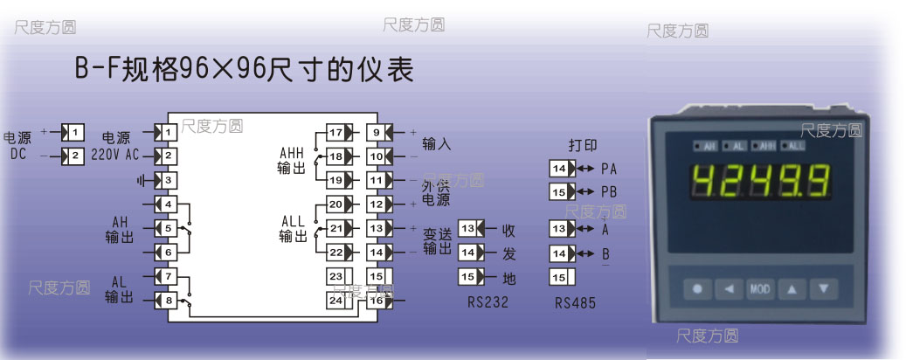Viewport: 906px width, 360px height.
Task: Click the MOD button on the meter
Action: click(x=760, y=287)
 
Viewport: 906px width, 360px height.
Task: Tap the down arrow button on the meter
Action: click(x=822, y=287)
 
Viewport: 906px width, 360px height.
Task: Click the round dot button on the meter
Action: click(x=697, y=287)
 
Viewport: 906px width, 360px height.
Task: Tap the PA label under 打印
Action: click(x=609, y=168)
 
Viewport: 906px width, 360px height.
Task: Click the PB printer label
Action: click(x=609, y=191)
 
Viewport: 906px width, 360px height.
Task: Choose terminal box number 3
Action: click(x=169, y=180)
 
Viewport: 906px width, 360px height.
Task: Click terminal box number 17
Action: click(x=335, y=133)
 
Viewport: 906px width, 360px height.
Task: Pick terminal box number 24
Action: click(x=335, y=300)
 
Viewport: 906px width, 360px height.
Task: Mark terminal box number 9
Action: click(x=376, y=133)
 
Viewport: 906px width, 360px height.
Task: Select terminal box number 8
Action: click(x=169, y=301)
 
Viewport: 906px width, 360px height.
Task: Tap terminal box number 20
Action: click(x=335, y=204)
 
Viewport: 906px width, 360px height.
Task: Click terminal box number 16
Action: click(x=376, y=300)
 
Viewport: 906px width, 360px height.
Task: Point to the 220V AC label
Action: click(x=114, y=156)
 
